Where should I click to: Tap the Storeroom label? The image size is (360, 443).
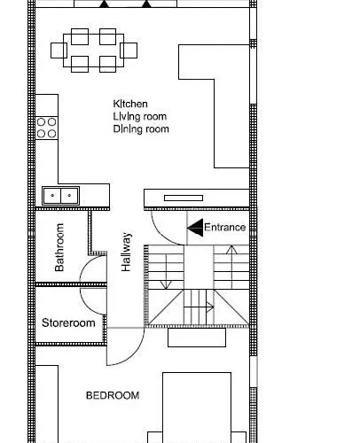coord(68,323)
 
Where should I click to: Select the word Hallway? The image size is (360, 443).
coord(127,252)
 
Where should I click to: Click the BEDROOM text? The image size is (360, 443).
coord(112,395)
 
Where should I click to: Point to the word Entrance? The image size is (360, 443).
coord(224,228)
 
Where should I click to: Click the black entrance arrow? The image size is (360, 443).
coord(194,228)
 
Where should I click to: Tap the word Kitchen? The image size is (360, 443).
coord(129,105)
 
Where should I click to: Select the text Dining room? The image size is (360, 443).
coord(140,129)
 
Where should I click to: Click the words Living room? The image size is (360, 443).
coord(138,117)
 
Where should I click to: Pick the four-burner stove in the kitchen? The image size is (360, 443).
coord(47,128)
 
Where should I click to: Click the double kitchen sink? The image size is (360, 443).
coord(60,195)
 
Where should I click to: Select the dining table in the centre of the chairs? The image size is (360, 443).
coord(94,50)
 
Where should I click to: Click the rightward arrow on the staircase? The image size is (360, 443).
coord(202,308)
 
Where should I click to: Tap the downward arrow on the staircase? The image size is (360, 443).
coord(166,271)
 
